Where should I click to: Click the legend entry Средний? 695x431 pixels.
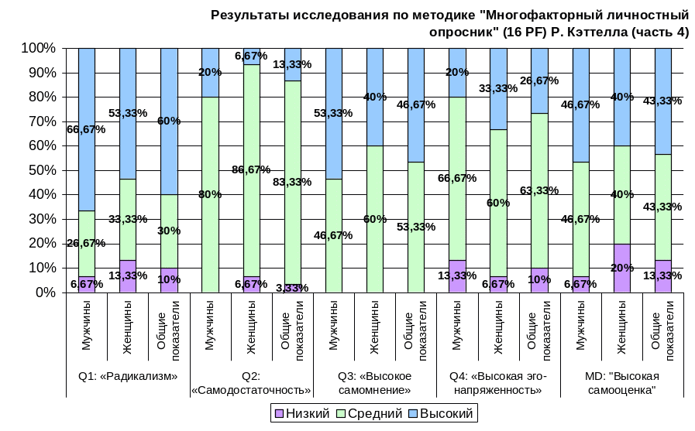pyautogui.click(x=370, y=414)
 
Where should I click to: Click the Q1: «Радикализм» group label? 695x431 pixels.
pyautogui.click(x=128, y=377)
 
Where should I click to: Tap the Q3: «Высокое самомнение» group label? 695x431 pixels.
pyautogui.click(x=375, y=383)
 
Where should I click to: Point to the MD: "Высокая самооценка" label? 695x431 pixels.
pyautogui.click(x=621, y=383)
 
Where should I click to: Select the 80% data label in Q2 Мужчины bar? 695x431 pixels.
pyautogui.click(x=210, y=195)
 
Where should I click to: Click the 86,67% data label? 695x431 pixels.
pyautogui.click(x=251, y=169)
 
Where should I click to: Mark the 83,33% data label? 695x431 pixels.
pyautogui.click(x=292, y=182)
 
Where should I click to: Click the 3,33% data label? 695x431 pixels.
pyautogui.click(x=292, y=288)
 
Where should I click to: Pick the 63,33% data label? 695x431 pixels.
pyautogui.click(x=539, y=190)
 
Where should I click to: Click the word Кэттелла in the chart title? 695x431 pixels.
pyautogui.click(x=596, y=32)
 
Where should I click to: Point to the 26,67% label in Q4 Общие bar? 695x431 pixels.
pyautogui.click(x=539, y=80)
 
